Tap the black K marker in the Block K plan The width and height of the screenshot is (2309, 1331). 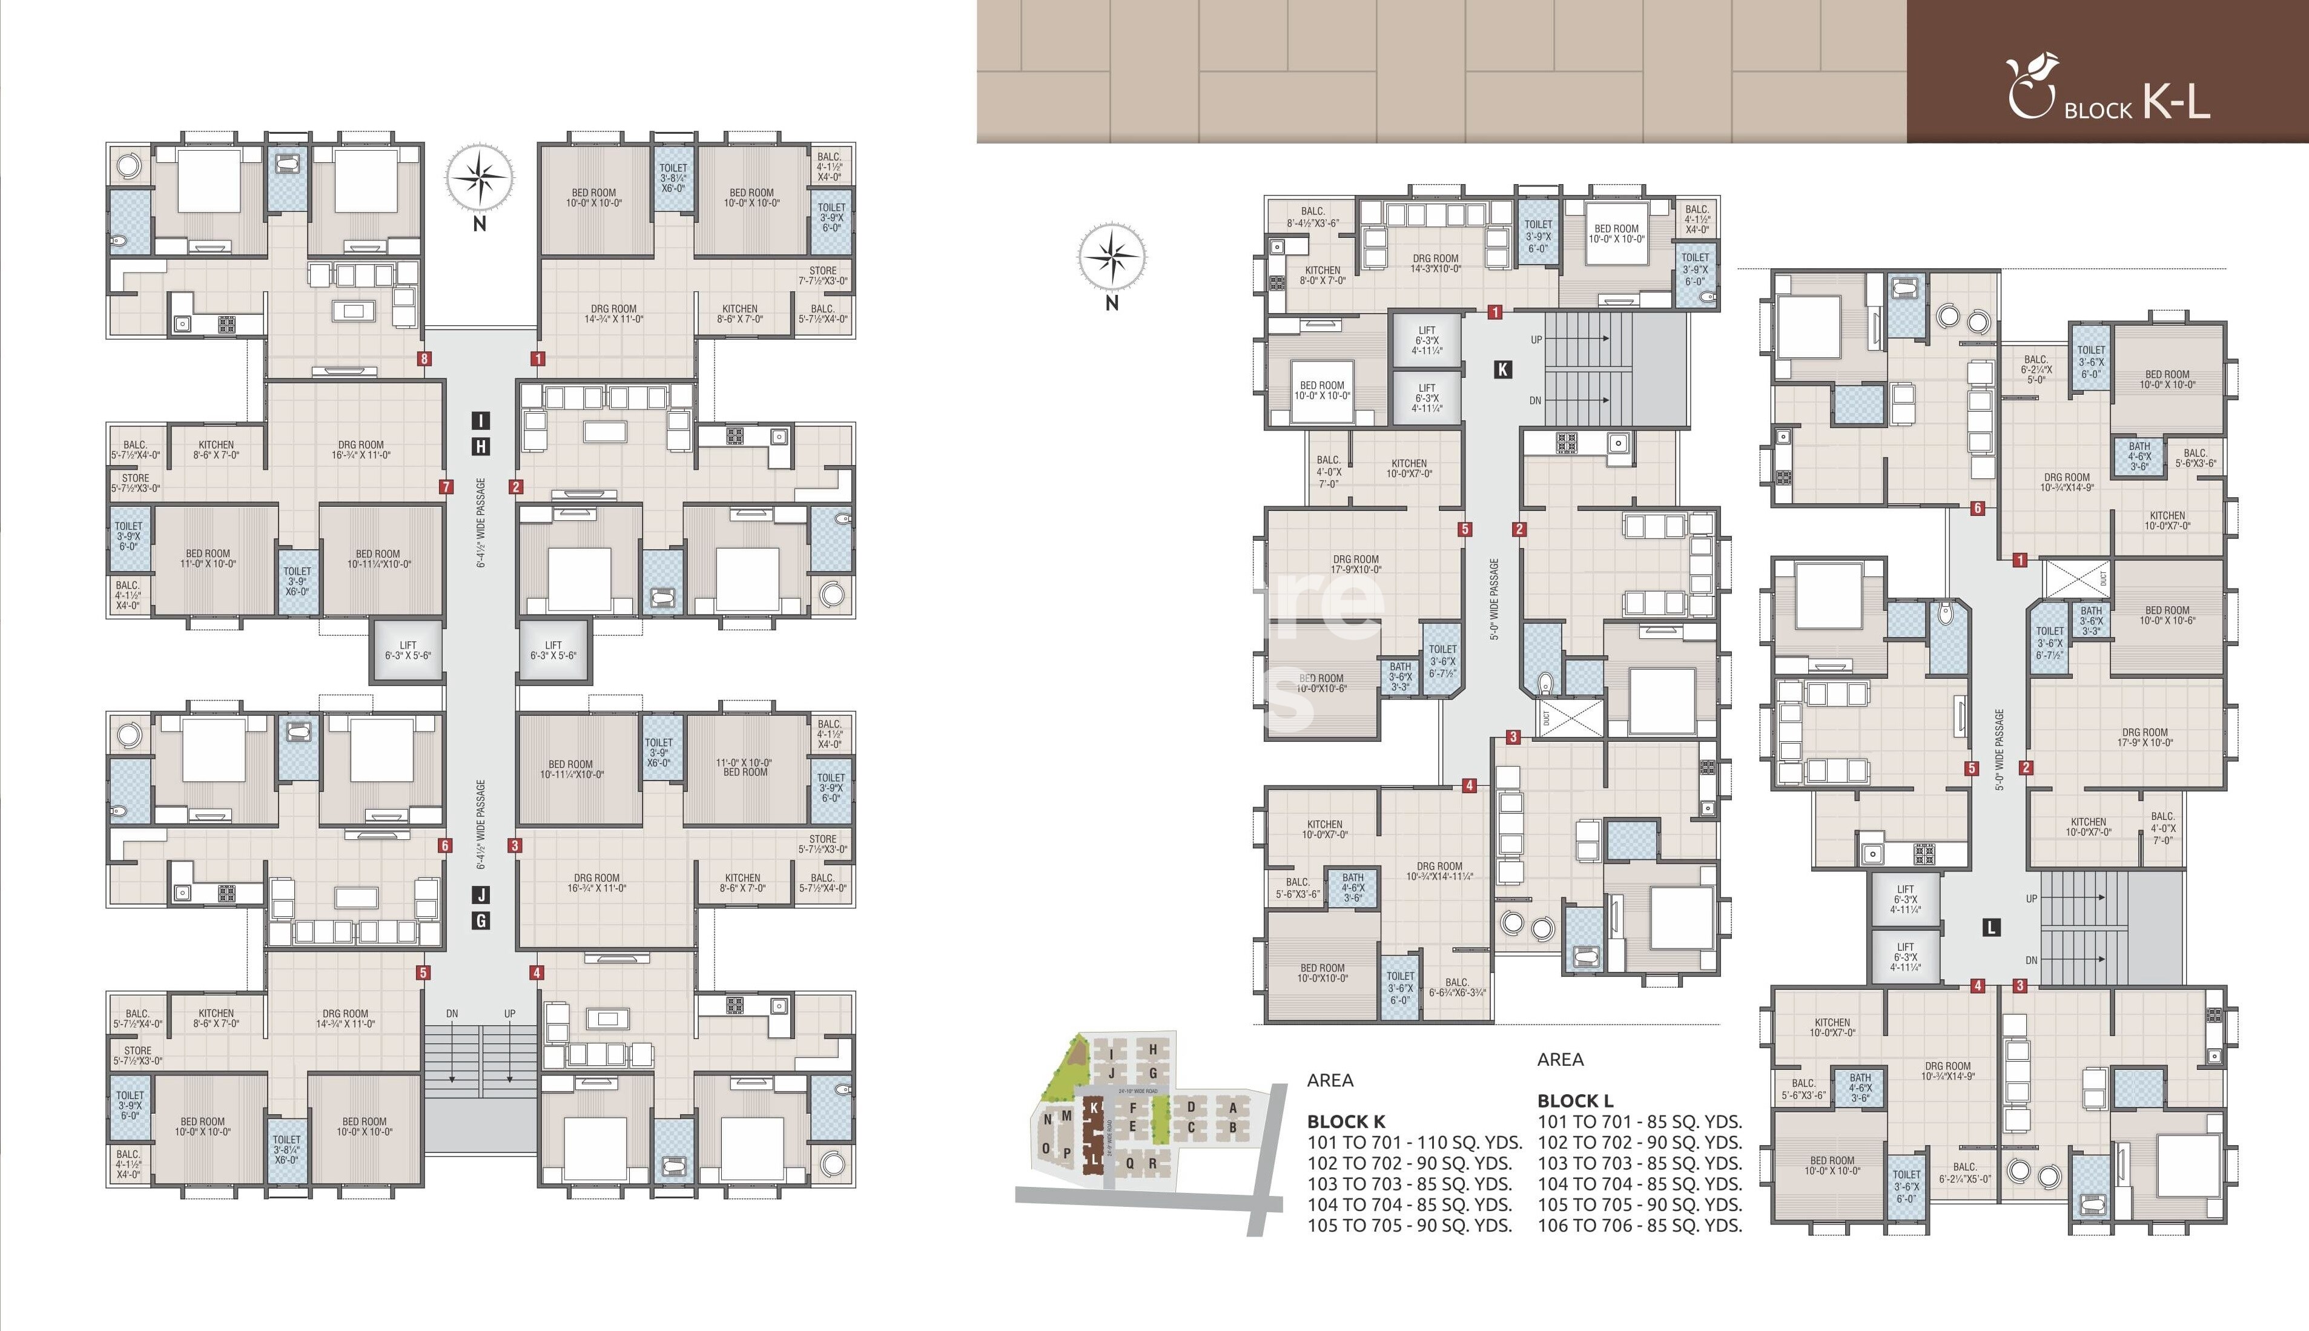click(x=1502, y=369)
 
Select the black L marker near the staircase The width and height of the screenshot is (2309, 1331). click(x=1992, y=927)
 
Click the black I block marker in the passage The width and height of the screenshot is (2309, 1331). click(x=481, y=420)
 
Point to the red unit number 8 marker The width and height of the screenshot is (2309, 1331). click(x=424, y=358)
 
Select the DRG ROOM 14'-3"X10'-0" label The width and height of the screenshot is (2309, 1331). click(x=1435, y=263)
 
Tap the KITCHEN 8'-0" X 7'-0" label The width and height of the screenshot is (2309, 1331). click(x=1323, y=275)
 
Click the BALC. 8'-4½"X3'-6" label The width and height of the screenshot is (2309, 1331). click(x=1313, y=217)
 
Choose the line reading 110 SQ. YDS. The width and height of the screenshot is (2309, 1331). click(x=1414, y=1143)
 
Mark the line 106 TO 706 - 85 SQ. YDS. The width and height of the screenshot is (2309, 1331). click(x=1639, y=1226)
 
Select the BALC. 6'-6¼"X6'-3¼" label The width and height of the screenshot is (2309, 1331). click(x=1457, y=987)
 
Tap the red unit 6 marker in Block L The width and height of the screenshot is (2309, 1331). click(x=1977, y=508)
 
